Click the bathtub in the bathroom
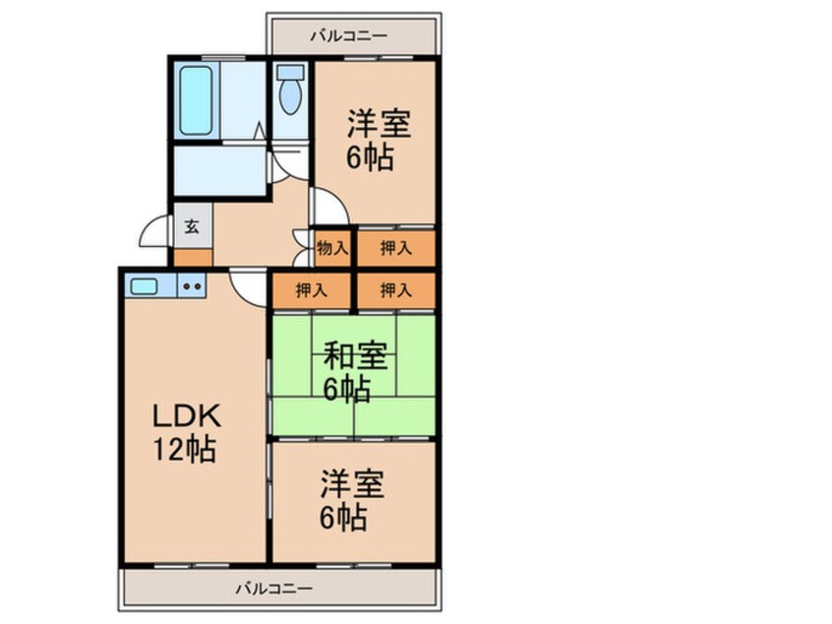[196, 101]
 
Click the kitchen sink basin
[145, 286]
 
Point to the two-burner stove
[191, 287]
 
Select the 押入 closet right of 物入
[395, 249]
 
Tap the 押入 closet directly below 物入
[313, 290]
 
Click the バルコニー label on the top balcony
[348, 37]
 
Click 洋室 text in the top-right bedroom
[377, 124]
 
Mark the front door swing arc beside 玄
[154, 232]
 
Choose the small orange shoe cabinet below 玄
[192, 258]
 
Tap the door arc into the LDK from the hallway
[249, 285]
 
